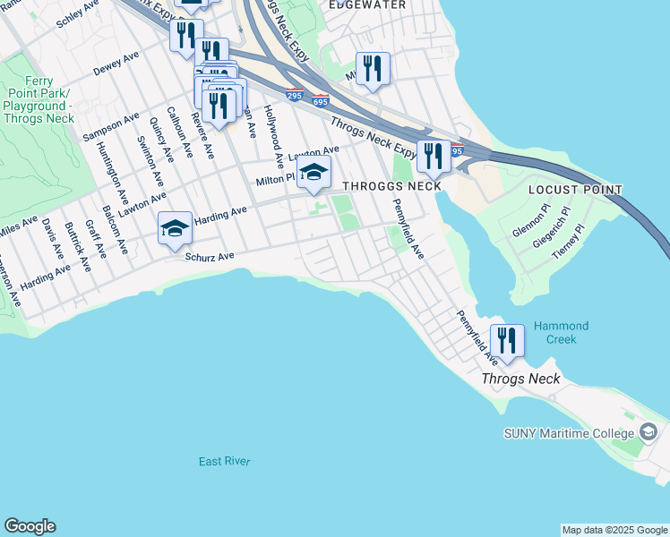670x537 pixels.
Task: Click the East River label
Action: pos(224,461)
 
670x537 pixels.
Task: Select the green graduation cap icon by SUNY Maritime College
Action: pos(648,434)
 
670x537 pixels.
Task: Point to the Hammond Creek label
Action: pos(563,332)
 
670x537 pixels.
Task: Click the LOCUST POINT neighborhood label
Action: pos(574,190)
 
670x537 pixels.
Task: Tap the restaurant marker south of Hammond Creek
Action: pos(507,341)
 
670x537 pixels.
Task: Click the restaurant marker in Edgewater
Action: pos(373,68)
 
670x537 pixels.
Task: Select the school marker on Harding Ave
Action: pos(175,229)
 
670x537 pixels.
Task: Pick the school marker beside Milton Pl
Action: pos(314,172)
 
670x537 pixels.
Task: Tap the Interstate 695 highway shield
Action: pos(321,100)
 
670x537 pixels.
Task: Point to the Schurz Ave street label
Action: pos(209,257)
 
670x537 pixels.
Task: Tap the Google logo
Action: pos(30,526)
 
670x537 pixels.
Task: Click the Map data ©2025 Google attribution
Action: pos(614,530)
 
